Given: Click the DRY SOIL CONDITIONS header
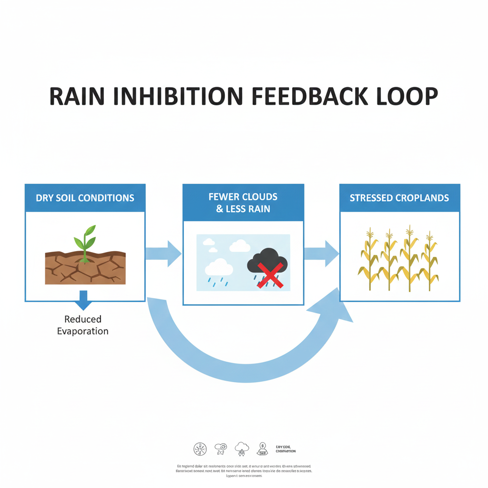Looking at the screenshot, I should [85, 198].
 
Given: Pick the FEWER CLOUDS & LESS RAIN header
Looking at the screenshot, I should [243, 203].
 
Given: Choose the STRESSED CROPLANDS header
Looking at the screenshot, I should [399, 198].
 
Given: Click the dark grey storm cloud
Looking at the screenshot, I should [267, 261].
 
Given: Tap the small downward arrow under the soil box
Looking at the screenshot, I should [83, 300].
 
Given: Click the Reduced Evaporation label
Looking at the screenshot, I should [83, 325].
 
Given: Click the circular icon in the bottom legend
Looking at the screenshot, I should [200, 448].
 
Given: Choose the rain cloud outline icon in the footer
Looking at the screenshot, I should [242, 448].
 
